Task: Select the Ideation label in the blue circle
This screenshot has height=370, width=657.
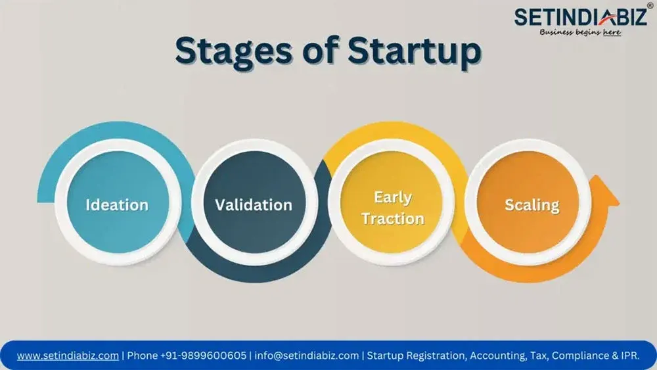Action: (x=117, y=205)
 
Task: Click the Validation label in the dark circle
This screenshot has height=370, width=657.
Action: (x=254, y=205)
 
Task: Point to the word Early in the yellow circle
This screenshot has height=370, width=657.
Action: (x=393, y=197)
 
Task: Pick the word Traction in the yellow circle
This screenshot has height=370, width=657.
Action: (x=393, y=219)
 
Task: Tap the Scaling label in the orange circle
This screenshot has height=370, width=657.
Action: (x=532, y=205)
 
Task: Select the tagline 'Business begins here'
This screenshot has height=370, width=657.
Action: (x=580, y=32)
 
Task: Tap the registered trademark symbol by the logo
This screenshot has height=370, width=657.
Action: (x=650, y=6)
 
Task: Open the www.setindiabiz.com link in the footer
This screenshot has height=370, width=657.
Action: (x=68, y=356)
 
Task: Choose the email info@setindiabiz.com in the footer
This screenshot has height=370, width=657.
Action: (x=306, y=356)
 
